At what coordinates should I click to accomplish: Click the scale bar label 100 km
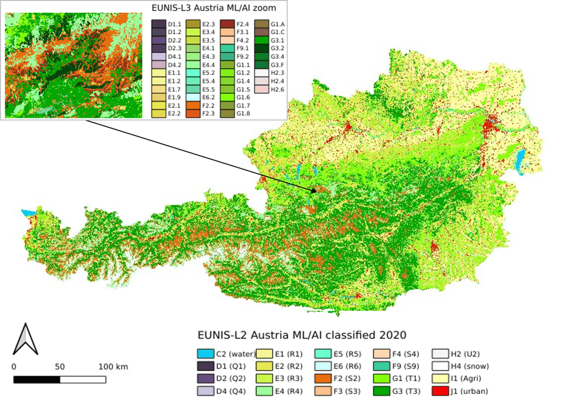(112, 366)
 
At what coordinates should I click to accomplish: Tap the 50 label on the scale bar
(59, 366)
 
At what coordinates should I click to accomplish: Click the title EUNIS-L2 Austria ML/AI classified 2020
(300, 335)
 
